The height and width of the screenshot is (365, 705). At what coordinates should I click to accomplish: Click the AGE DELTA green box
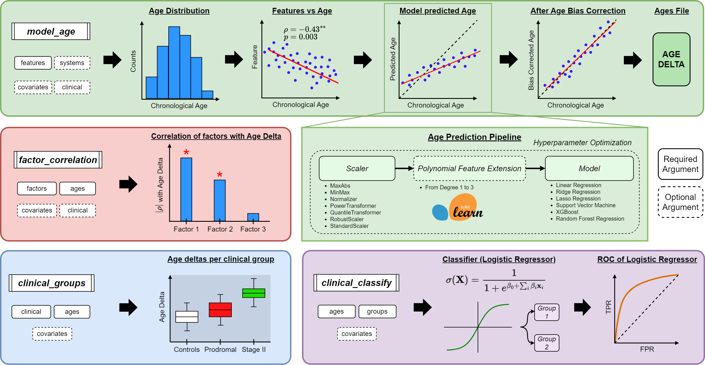tap(671, 59)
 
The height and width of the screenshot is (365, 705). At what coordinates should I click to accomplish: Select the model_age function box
tap(51, 32)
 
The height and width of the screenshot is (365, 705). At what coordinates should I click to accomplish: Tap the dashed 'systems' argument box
tap(72, 63)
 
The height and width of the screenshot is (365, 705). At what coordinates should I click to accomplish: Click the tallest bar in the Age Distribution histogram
tap(174, 63)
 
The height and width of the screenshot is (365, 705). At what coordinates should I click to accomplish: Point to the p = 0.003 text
tap(300, 37)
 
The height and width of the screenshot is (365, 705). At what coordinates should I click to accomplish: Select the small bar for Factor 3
tap(253, 217)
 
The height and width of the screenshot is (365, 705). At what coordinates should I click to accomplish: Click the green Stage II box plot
tap(253, 293)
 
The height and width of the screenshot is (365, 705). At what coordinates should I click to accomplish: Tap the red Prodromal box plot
tap(220, 310)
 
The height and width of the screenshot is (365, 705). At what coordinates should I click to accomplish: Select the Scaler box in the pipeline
tap(357, 168)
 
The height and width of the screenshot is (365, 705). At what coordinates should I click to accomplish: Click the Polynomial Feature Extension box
tap(469, 168)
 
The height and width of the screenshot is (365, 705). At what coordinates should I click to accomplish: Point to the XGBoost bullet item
tap(567, 212)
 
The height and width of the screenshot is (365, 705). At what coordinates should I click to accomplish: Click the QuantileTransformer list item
tap(355, 213)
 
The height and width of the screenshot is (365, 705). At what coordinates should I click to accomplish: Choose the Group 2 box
tap(546, 343)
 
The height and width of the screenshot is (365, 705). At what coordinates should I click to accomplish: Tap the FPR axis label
tap(647, 349)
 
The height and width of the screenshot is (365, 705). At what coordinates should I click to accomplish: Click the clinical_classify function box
tap(356, 283)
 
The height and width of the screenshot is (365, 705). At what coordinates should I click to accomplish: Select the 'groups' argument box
tap(377, 311)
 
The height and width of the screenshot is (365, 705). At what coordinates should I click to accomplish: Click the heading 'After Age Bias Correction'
tap(578, 11)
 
